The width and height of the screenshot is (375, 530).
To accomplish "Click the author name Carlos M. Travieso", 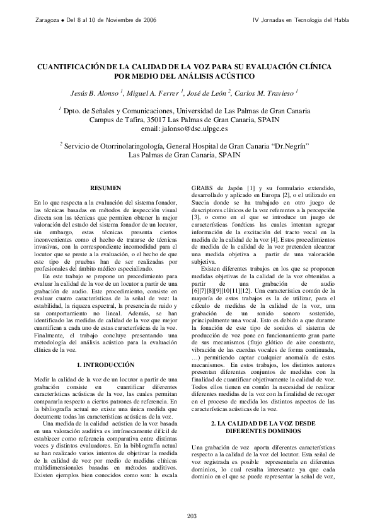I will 267,94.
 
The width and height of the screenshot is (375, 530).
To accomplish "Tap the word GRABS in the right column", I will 204,188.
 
